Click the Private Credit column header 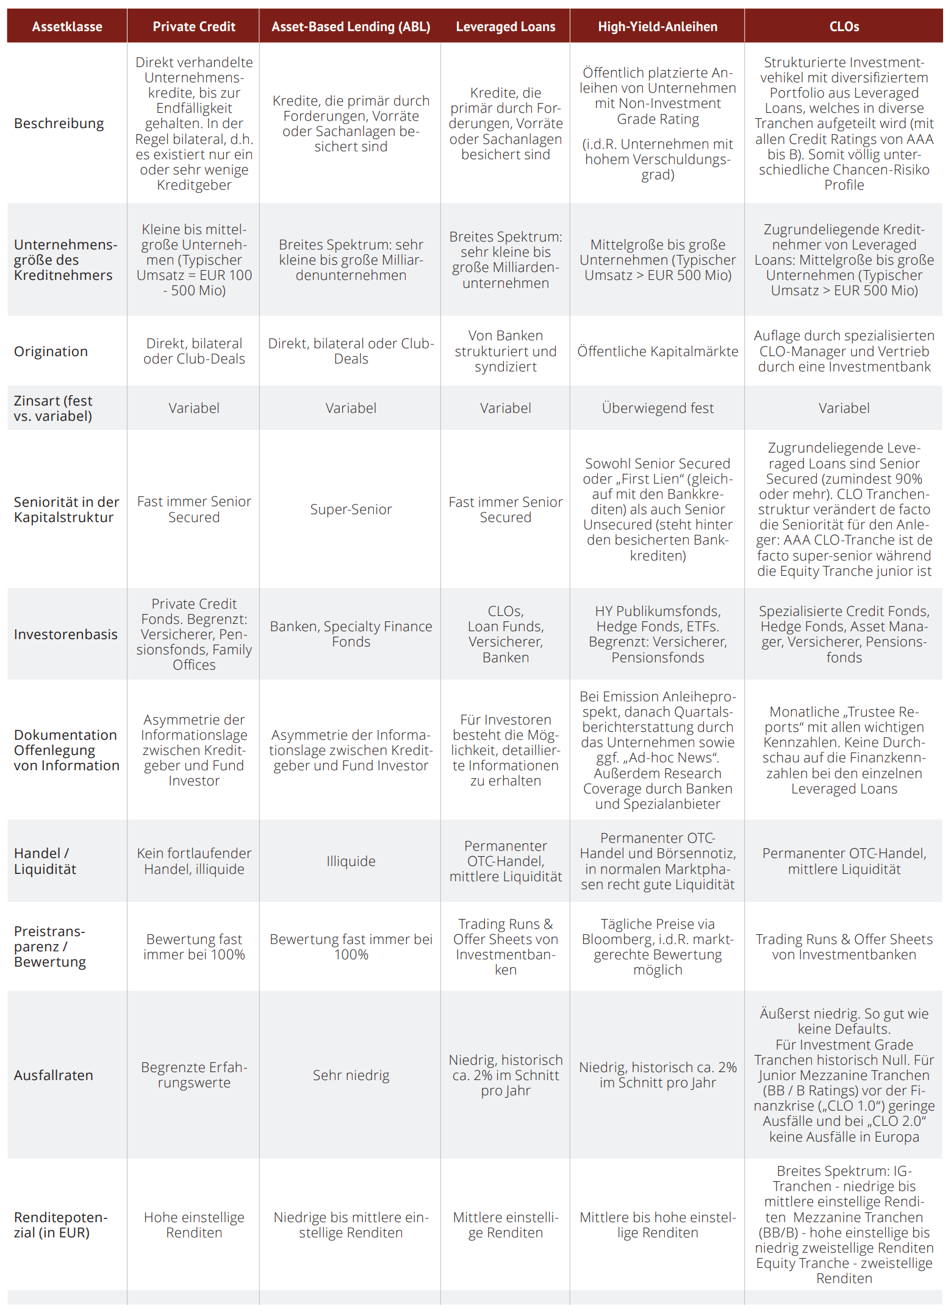pos(193,27)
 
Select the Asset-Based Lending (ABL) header pos(351,27)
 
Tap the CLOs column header pos(844,27)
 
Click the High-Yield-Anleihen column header pos(657,27)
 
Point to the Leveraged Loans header pos(505,27)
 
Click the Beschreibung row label pos(59,124)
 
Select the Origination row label pos(51,352)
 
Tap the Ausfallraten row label pos(54,1075)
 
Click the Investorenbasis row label pos(66,634)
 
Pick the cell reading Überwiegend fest pos(657,408)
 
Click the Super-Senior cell pos(351,509)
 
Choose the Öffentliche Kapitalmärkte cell pos(657,352)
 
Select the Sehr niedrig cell pos(351,1075)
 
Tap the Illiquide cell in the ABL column pos(351,861)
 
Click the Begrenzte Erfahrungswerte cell pos(193,1075)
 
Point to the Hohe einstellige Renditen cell pos(193,1225)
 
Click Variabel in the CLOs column pos(844,408)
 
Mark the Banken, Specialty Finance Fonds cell pos(351,634)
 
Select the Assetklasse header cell pos(67,27)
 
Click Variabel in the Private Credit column pos(193,408)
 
